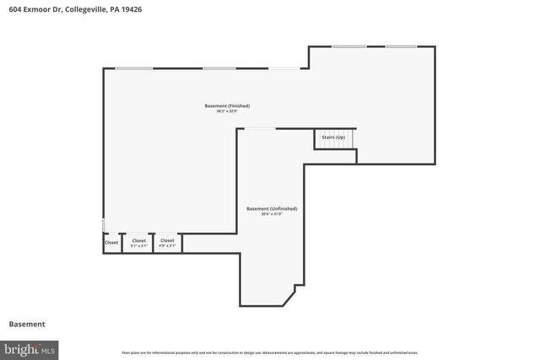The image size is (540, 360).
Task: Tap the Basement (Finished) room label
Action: click(x=227, y=105)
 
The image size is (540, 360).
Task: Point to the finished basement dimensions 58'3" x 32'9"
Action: click(x=227, y=111)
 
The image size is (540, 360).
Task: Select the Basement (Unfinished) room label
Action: click(x=271, y=208)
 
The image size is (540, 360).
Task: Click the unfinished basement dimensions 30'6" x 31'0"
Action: click(x=271, y=214)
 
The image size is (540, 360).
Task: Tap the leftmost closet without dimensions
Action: click(x=111, y=243)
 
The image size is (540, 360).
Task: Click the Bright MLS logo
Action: click(x=30, y=347)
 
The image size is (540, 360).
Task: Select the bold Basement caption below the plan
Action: click(x=26, y=324)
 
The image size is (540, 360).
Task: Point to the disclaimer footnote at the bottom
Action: click(x=269, y=352)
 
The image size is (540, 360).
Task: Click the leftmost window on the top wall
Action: click(x=133, y=68)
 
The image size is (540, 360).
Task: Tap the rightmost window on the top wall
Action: click(x=400, y=46)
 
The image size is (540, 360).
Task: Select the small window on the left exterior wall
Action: click(x=103, y=224)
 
